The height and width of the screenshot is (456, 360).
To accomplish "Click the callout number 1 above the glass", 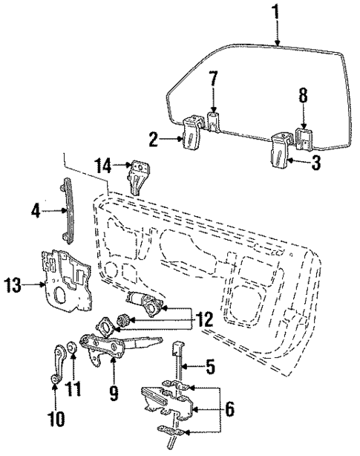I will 276,13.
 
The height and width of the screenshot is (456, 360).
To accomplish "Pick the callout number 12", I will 204,320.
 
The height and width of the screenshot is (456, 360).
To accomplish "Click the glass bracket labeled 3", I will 280,148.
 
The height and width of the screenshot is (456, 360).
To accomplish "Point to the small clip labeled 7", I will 213,121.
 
